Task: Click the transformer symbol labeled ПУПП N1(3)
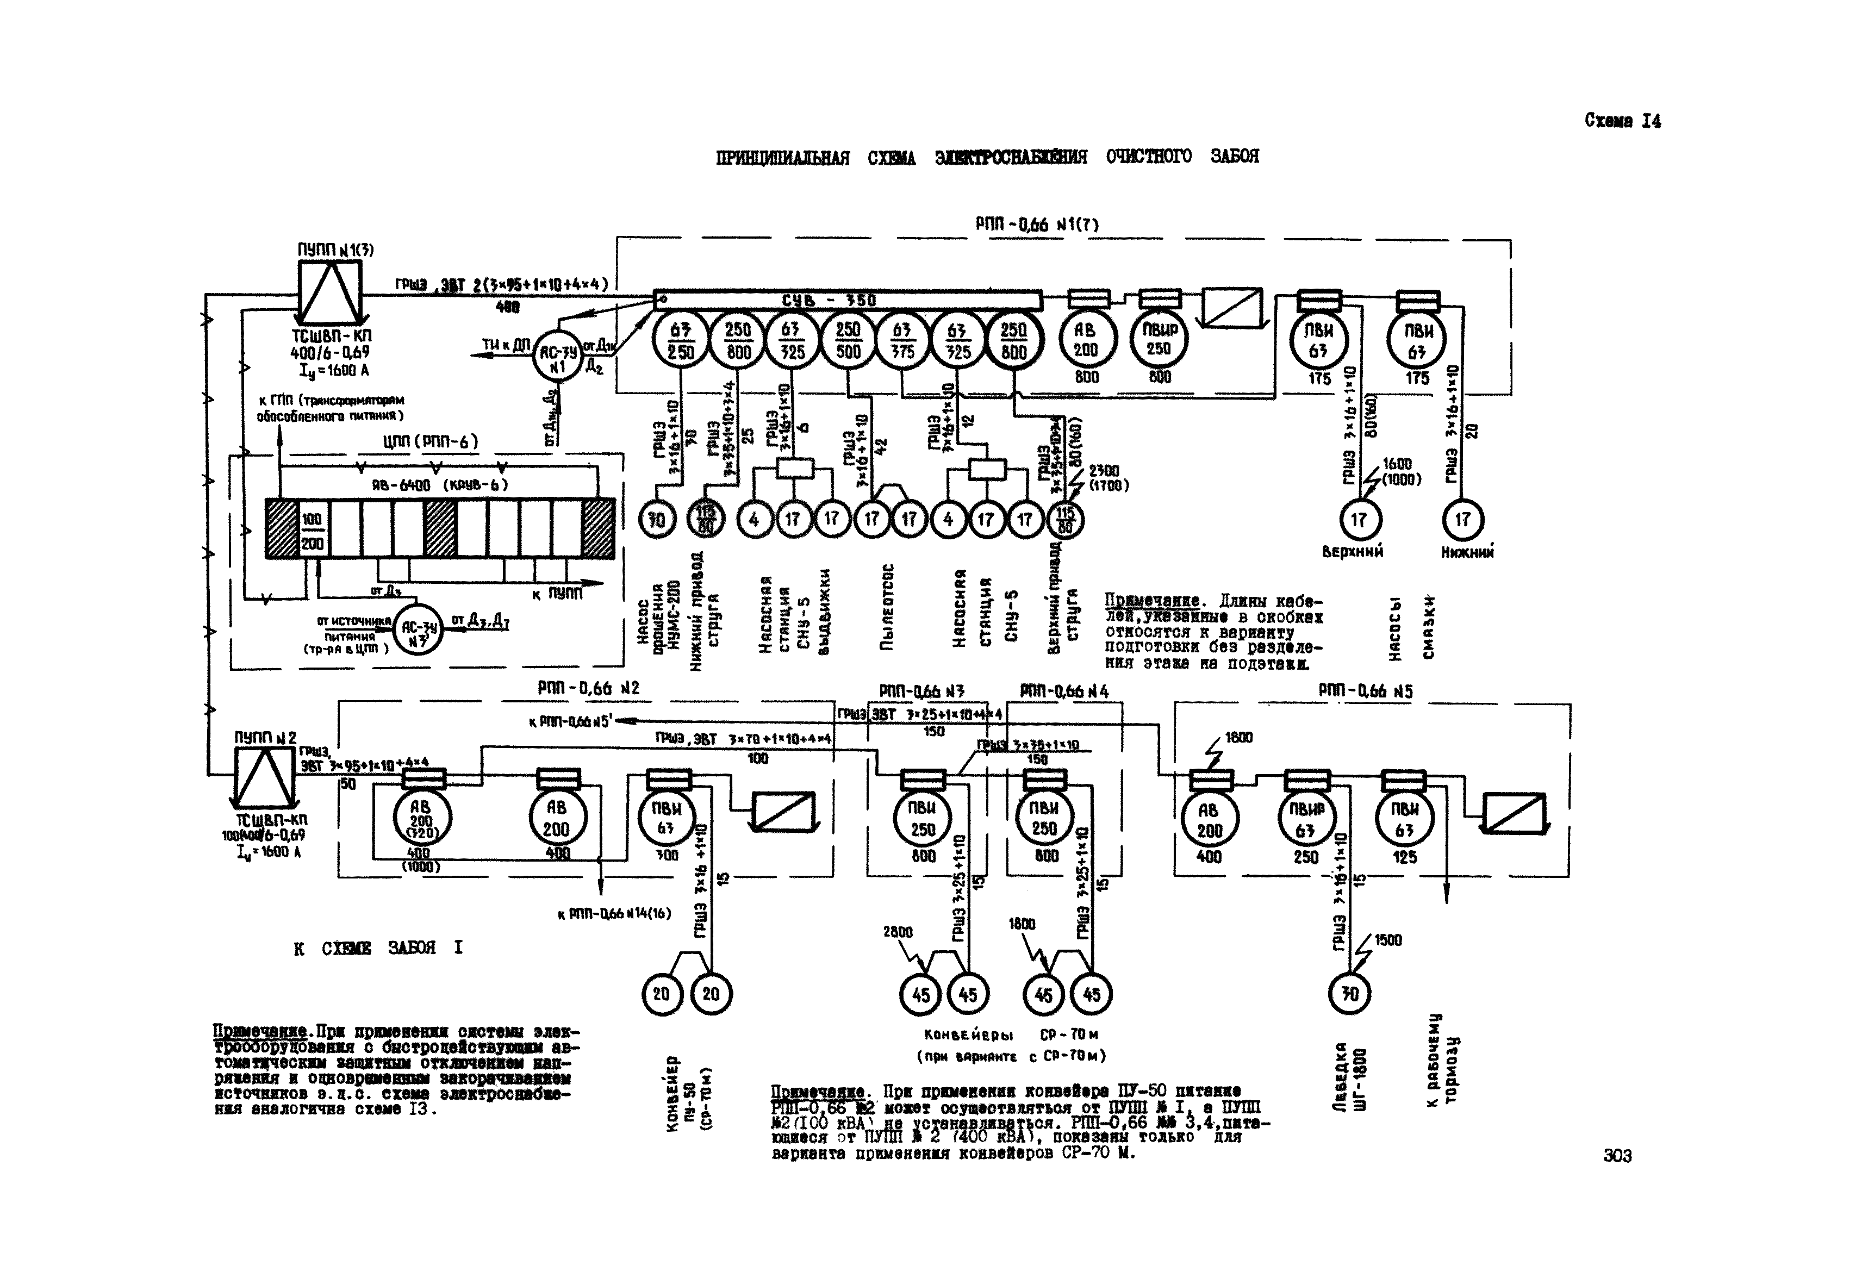[x=331, y=290]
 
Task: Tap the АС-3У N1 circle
[x=558, y=356]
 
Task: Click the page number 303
[x=1617, y=1155]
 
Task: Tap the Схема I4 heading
[x=1622, y=121]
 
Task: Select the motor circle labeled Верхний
[x=1358, y=520]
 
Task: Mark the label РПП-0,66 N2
[x=588, y=689]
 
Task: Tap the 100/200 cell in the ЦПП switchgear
[x=312, y=531]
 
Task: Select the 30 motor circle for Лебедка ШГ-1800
[x=1349, y=994]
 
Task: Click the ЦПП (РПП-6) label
[x=431, y=441]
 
